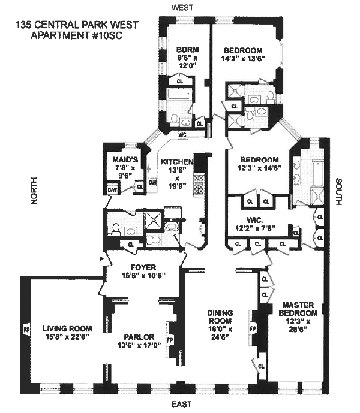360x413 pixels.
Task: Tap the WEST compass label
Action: tap(181, 7)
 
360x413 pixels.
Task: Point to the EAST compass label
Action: tap(181, 406)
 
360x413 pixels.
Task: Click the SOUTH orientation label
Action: tap(339, 192)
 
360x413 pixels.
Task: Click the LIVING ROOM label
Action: tap(67, 328)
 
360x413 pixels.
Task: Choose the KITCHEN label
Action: tap(176, 162)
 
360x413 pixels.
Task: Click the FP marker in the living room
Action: tap(26, 328)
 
